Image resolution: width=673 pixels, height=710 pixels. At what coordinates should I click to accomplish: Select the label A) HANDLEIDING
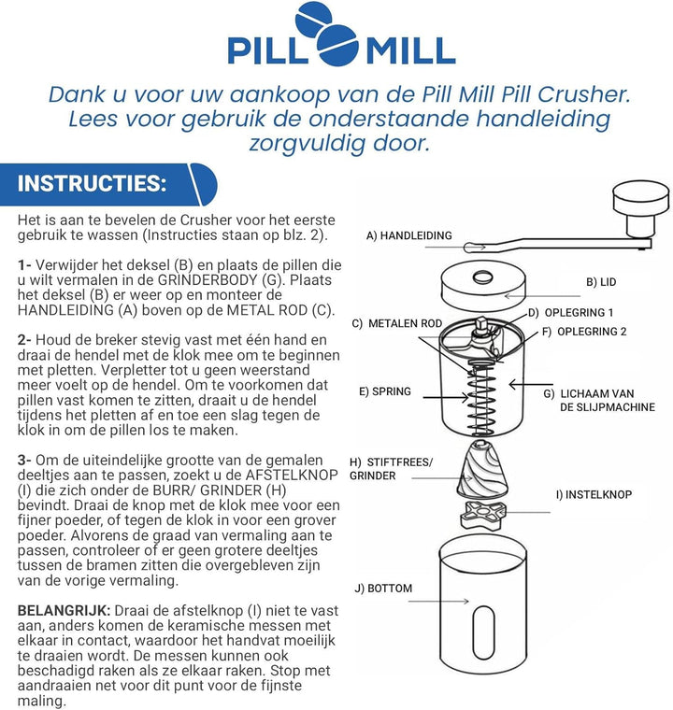click(408, 236)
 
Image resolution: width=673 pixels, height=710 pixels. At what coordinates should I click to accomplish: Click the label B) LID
click(601, 281)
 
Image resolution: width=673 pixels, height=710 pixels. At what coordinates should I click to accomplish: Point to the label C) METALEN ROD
click(396, 323)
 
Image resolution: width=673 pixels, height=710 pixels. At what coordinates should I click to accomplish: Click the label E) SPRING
click(384, 391)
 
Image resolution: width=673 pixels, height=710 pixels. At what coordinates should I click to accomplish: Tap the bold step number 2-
click(25, 341)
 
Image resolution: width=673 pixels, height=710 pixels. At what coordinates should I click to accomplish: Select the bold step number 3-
click(25, 461)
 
